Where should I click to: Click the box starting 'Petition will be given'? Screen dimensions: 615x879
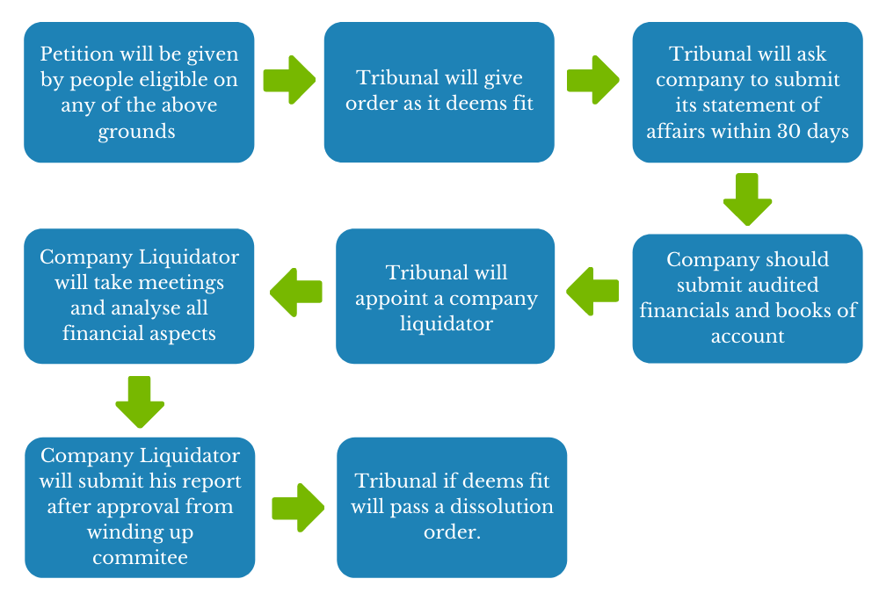pyautogui.click(x=139, y=92)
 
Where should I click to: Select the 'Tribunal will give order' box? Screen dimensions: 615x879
pyautogui.click(x=439, y=92)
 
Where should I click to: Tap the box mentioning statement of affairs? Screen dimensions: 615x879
pyautogui.click(x=747, y=92)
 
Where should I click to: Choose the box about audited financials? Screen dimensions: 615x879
pyautogui.click(x=747, y=298)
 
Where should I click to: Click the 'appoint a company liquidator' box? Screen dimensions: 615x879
pyautogui.click(x=445, y=296)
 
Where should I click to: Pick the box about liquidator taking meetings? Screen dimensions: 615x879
pyautogui.click(x=139, y=296)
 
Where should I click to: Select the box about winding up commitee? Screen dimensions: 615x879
pyautogui.click(x=140, y=507)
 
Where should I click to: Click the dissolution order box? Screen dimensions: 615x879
pyautogui.click(x=452, y=507)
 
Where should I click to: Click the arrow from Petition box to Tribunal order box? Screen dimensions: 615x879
pyautogui.click(x=289, y=80)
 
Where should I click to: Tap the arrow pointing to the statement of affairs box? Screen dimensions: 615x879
pyautogui.click(x=592, y=80)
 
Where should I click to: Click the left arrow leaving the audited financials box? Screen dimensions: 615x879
pyautogui.click(x=592, y=291)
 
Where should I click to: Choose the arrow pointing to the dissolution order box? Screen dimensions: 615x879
pyautogui.click(x=297, y=507)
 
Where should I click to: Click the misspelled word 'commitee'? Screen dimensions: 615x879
pyautogui.click(x=140, y=557)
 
